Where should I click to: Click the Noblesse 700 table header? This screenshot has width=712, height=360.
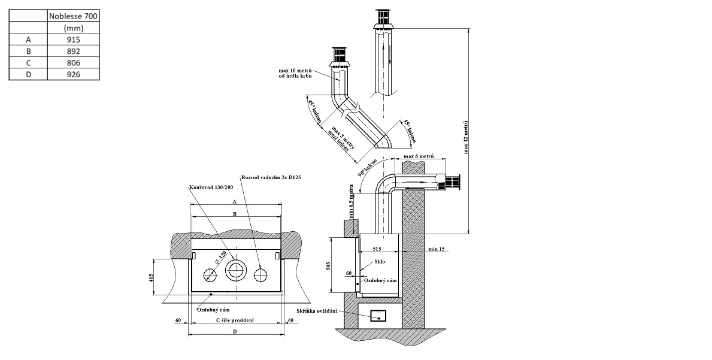point(73,16)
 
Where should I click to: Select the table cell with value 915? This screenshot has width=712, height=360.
point(73,40)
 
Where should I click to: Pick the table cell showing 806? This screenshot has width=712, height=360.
point(73,63)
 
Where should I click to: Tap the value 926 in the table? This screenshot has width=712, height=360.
point(73,74)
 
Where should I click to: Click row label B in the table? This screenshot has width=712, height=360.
point(28,52)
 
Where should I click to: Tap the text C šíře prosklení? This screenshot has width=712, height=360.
point(235,320)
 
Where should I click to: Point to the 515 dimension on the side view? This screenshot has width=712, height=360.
point(377,249)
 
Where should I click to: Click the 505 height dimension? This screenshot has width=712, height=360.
point(328,265)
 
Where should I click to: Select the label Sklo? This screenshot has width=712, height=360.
point(380,262)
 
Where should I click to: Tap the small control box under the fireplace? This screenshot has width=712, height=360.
point(377,316)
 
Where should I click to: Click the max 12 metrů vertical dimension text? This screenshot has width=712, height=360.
point(466,137)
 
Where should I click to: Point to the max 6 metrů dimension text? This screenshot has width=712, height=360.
point(419,156)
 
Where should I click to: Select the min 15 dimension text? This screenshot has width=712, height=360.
point(436,249)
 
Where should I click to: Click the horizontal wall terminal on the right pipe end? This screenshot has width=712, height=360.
point(452,183)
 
